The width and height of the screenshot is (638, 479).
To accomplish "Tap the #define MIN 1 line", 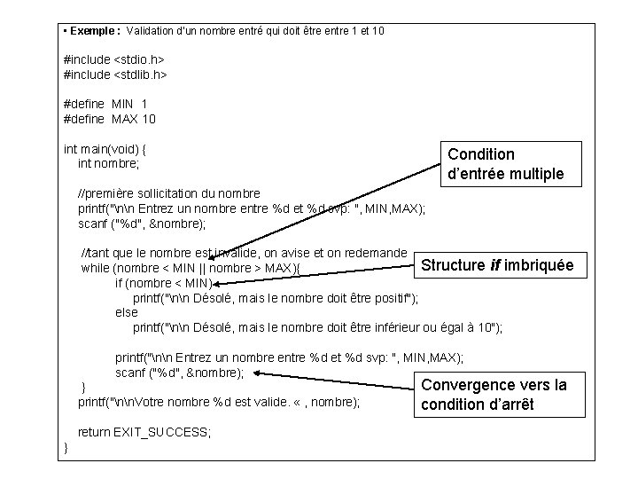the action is pyautogui.click(x=105, y=104).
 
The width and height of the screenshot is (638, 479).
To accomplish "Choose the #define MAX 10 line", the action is pyautogui.click(x=110, y=119).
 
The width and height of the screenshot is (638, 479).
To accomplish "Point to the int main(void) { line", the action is pyautogui.click(x=105, y=148).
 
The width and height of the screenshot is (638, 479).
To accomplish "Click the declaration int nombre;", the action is pyautogui.click(x=109, y=163).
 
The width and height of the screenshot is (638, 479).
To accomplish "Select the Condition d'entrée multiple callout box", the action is pyautogui.click(x=505, y=164).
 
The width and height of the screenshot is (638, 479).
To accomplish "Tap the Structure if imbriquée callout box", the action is pyautogui.click(x=497, y=264).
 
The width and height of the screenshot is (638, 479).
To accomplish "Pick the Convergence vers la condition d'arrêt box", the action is pyautogui.click(x=493, y=395).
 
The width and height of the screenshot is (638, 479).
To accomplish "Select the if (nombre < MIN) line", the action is pyautogui.click(x=163, y=283).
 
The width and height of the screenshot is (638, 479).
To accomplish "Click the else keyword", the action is pyautogui.click(x=127, y=312).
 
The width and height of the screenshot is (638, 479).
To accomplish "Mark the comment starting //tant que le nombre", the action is pyautogui.click(x=244, y=253).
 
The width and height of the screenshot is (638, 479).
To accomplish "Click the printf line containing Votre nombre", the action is pyautogui.click(x=219, y=402).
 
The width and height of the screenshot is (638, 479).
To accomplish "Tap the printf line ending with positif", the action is pyautogui.click(x=276, y=297).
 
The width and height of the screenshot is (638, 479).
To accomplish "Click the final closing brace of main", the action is pyautogui.click(x=67, y=447).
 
